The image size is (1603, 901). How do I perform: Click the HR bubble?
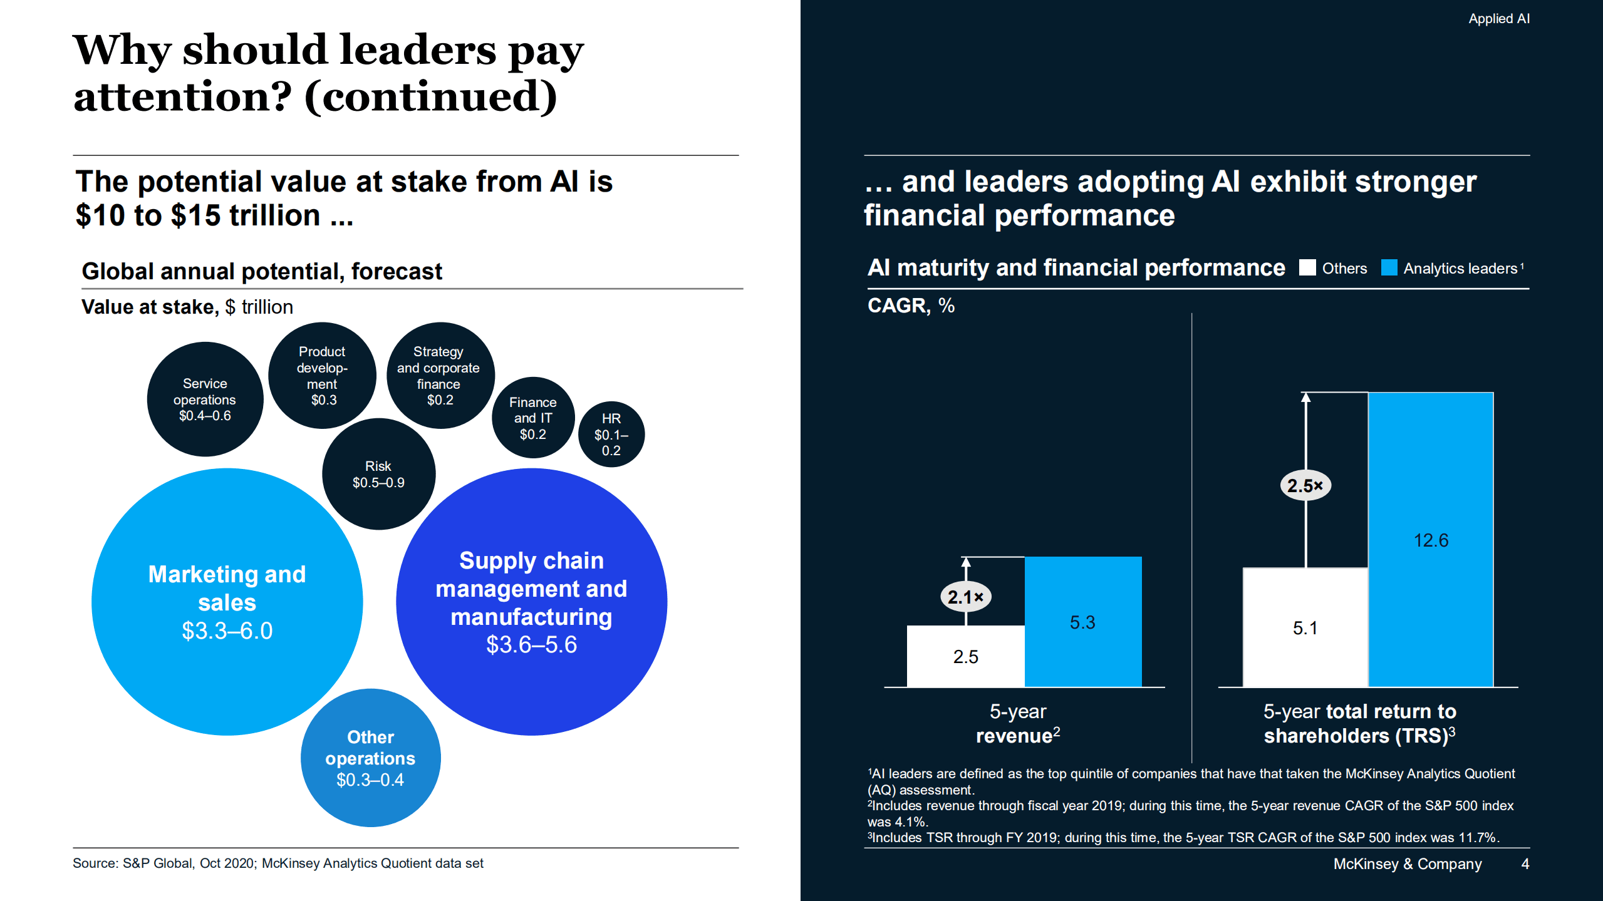(x=611, y=434)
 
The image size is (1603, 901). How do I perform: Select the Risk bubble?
(x=378, y=474)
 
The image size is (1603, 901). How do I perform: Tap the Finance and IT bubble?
(x=532, y=418)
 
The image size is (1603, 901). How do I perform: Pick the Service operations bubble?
(x=205, y=399)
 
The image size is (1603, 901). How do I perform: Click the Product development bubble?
(x=322, y=376)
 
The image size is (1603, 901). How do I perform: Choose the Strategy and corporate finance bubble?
(x=439, y=376)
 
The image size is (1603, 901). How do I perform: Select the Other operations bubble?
(x=370, y=758)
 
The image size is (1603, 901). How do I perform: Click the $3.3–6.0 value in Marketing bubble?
(x=227, y=631)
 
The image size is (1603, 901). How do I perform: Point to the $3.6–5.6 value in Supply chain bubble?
(x=531, y=644)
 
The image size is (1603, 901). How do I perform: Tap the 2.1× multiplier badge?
(x=965, y=597)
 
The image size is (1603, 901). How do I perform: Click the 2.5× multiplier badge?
(x=1305, y=485)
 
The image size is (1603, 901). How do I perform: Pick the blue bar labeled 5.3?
(x=1082, y=622)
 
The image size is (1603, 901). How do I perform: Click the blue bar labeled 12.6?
(x=1431, y=540)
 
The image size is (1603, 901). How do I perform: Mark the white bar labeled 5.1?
(x=1305, y=627)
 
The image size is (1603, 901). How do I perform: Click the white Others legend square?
(x=1307, y=268)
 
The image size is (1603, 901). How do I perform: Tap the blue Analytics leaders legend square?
(x=1389, y=268)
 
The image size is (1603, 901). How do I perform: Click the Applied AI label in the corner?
(x=1498, y=19)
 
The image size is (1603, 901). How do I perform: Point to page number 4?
(x=1525, y=863)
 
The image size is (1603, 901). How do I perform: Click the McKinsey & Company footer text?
(x=1407, y=863)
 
